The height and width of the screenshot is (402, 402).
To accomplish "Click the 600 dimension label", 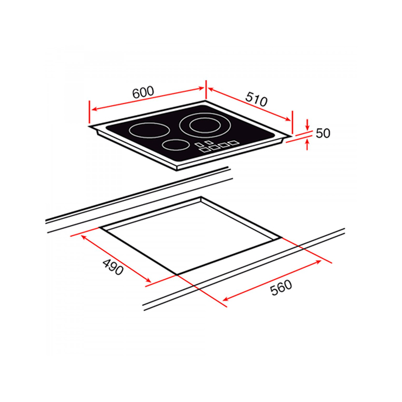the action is tap(143, 92).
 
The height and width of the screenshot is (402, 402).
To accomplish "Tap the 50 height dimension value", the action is tap(323, 133).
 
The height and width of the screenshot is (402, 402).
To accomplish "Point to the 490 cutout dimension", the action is tap(113, 267).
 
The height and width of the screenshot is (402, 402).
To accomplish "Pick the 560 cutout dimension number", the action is tap(281, 288).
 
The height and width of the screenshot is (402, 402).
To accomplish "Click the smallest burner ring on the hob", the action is tap(175, 145).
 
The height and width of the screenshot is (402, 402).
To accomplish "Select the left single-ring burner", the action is tap(149, 130).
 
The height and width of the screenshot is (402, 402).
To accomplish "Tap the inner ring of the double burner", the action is tap(205, 125).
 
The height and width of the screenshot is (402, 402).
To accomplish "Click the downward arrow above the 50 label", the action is tap(307, 125).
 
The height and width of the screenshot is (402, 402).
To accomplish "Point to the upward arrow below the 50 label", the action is tap(307, 144).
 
